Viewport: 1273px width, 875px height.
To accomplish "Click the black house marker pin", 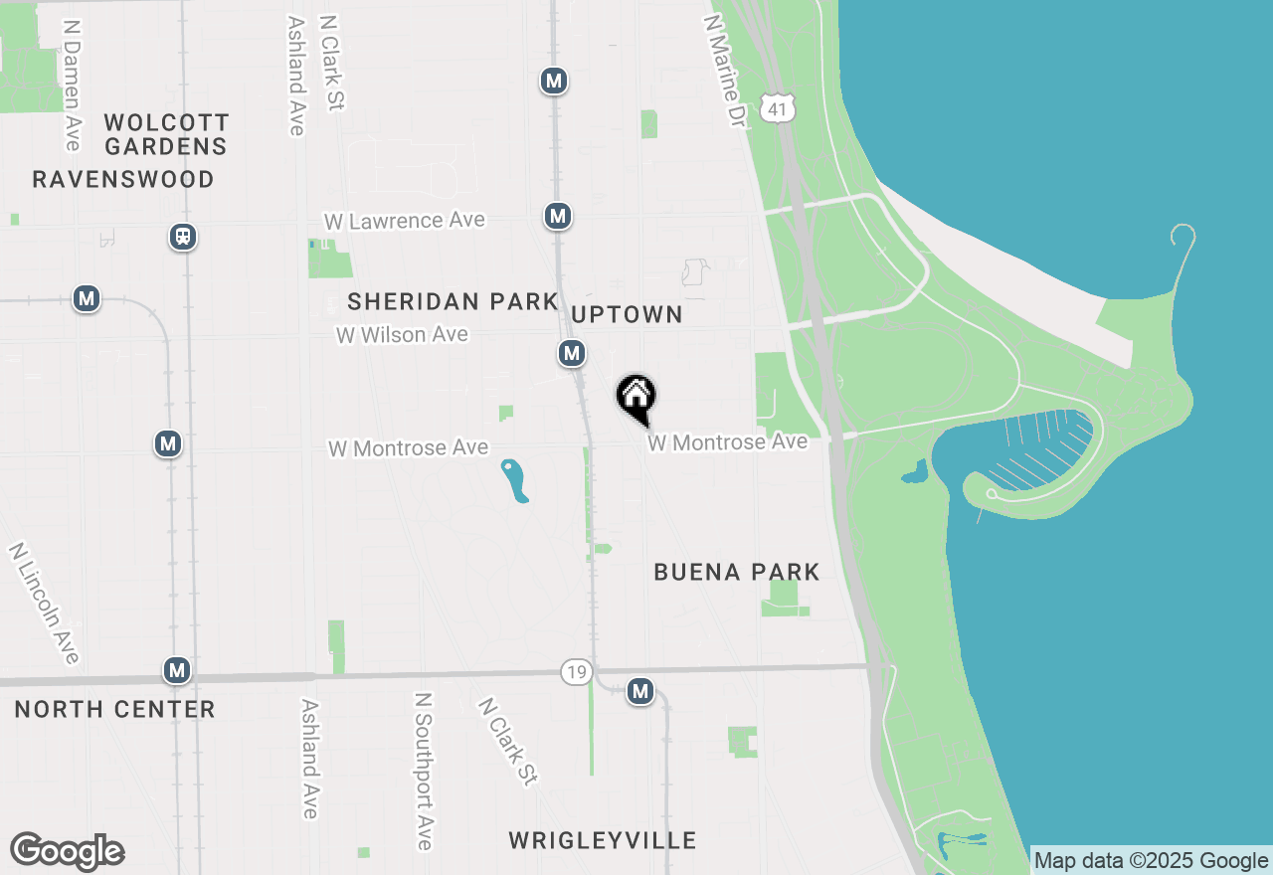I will (636, 399).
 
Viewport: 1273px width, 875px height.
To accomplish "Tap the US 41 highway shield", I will (778, 108).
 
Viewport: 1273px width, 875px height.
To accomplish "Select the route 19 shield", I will (575, 672).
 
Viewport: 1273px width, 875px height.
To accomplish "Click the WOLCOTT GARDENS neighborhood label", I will (167, 134).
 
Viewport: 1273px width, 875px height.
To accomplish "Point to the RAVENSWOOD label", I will (123, 179).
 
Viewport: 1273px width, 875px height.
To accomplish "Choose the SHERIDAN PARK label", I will (453, 301).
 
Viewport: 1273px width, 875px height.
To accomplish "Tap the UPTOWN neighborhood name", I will (627, 314).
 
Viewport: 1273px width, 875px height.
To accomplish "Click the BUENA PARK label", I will (737, 572).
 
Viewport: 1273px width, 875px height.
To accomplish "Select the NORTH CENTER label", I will (115, 709).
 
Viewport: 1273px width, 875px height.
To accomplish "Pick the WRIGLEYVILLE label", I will (603, 840).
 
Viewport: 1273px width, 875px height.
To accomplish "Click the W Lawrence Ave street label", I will (405, 220).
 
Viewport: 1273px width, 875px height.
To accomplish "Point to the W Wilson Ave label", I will (402, 335).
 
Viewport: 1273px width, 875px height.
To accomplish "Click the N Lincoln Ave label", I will (44, 603).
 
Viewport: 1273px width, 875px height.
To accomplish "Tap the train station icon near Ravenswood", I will (183, 237).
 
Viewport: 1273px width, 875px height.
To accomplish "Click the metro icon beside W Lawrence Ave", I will (558, 216).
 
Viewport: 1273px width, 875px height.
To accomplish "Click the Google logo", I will (67, 852).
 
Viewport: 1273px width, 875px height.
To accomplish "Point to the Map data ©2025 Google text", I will (1152, 861).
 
